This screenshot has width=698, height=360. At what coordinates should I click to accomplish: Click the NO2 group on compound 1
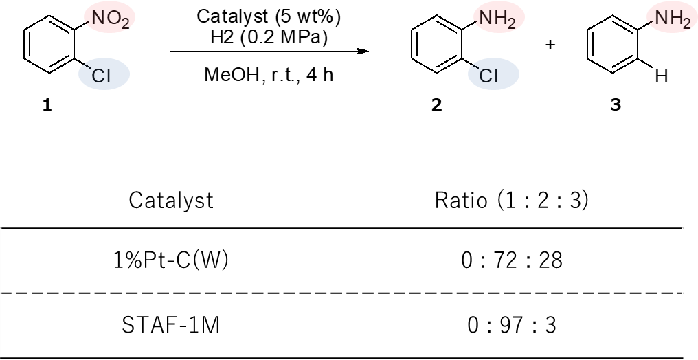(111, 21)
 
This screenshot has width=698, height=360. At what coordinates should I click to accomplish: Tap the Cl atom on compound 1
(101, 76)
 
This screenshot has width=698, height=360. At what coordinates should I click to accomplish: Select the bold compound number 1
(47, 106)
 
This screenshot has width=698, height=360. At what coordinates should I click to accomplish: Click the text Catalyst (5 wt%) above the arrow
(269, 17)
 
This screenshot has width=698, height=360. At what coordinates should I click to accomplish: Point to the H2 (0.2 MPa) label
(269, 38)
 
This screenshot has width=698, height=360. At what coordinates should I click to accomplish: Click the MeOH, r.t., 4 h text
(269, 74)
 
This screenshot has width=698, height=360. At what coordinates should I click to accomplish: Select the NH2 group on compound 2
(497, 21)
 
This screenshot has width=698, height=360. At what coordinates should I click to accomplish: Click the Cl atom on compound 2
(488, 76)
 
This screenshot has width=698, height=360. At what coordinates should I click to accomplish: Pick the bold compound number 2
(437, 106)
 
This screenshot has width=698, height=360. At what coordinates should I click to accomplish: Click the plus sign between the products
(551, 45)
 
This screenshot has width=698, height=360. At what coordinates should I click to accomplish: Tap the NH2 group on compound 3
(672, 21)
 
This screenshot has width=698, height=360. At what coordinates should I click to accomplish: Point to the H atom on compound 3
(662, 76)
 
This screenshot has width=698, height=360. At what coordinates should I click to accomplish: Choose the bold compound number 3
(616, 106)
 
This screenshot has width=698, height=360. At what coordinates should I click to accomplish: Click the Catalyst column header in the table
(171, 200)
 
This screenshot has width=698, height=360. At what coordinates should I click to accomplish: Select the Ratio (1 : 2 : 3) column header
(512, 200)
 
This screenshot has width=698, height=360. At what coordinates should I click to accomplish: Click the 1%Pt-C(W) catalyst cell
(171, 260)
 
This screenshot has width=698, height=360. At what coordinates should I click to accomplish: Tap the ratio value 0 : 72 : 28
(512, 260)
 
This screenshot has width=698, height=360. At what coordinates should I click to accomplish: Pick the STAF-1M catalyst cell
(171, 326)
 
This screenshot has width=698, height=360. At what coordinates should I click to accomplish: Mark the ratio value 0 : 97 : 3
(512, 326)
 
